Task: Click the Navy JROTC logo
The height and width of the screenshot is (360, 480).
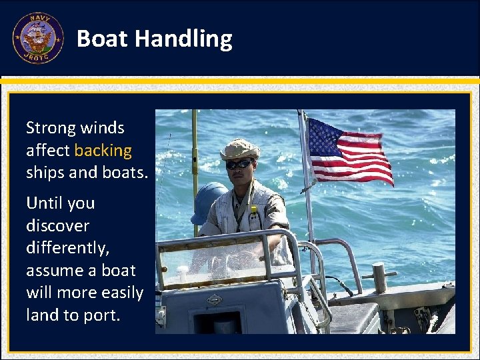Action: click(37, 38)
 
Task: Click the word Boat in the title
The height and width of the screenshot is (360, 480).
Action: click(102, 39)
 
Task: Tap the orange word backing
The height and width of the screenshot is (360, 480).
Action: click(103, 150)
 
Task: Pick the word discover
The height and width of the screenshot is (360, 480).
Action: click(57, 225)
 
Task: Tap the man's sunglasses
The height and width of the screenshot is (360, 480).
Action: click(239, 164)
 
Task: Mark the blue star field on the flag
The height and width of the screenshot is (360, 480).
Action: click(325, 137)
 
